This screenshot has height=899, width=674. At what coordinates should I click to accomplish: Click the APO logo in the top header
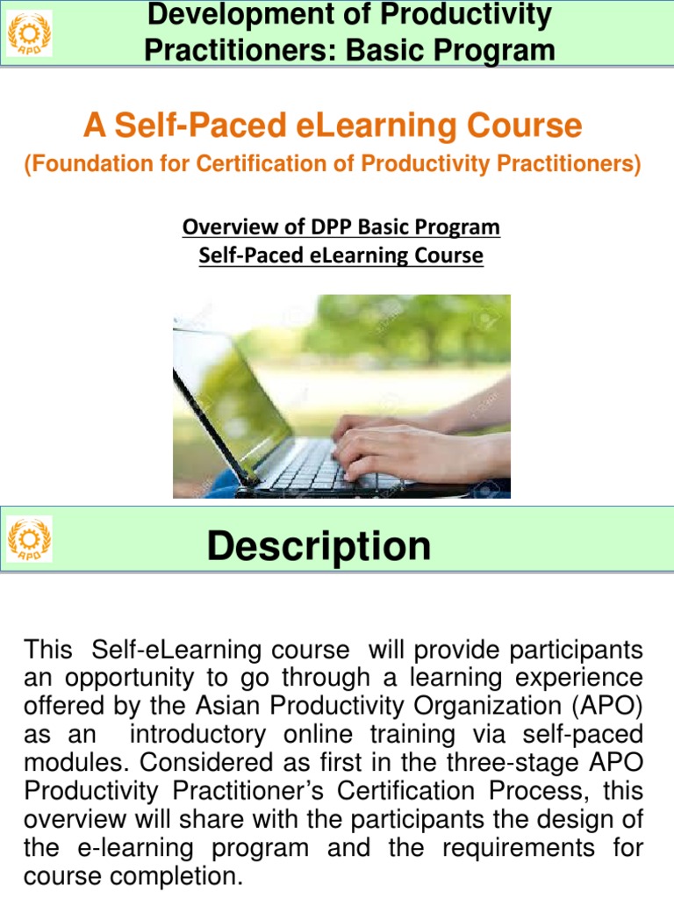point(29,33)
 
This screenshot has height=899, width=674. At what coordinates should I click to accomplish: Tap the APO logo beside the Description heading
point(29,538)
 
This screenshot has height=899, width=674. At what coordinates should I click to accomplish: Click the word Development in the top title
point(219,15)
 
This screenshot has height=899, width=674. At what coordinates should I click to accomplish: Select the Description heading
point(319,546)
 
